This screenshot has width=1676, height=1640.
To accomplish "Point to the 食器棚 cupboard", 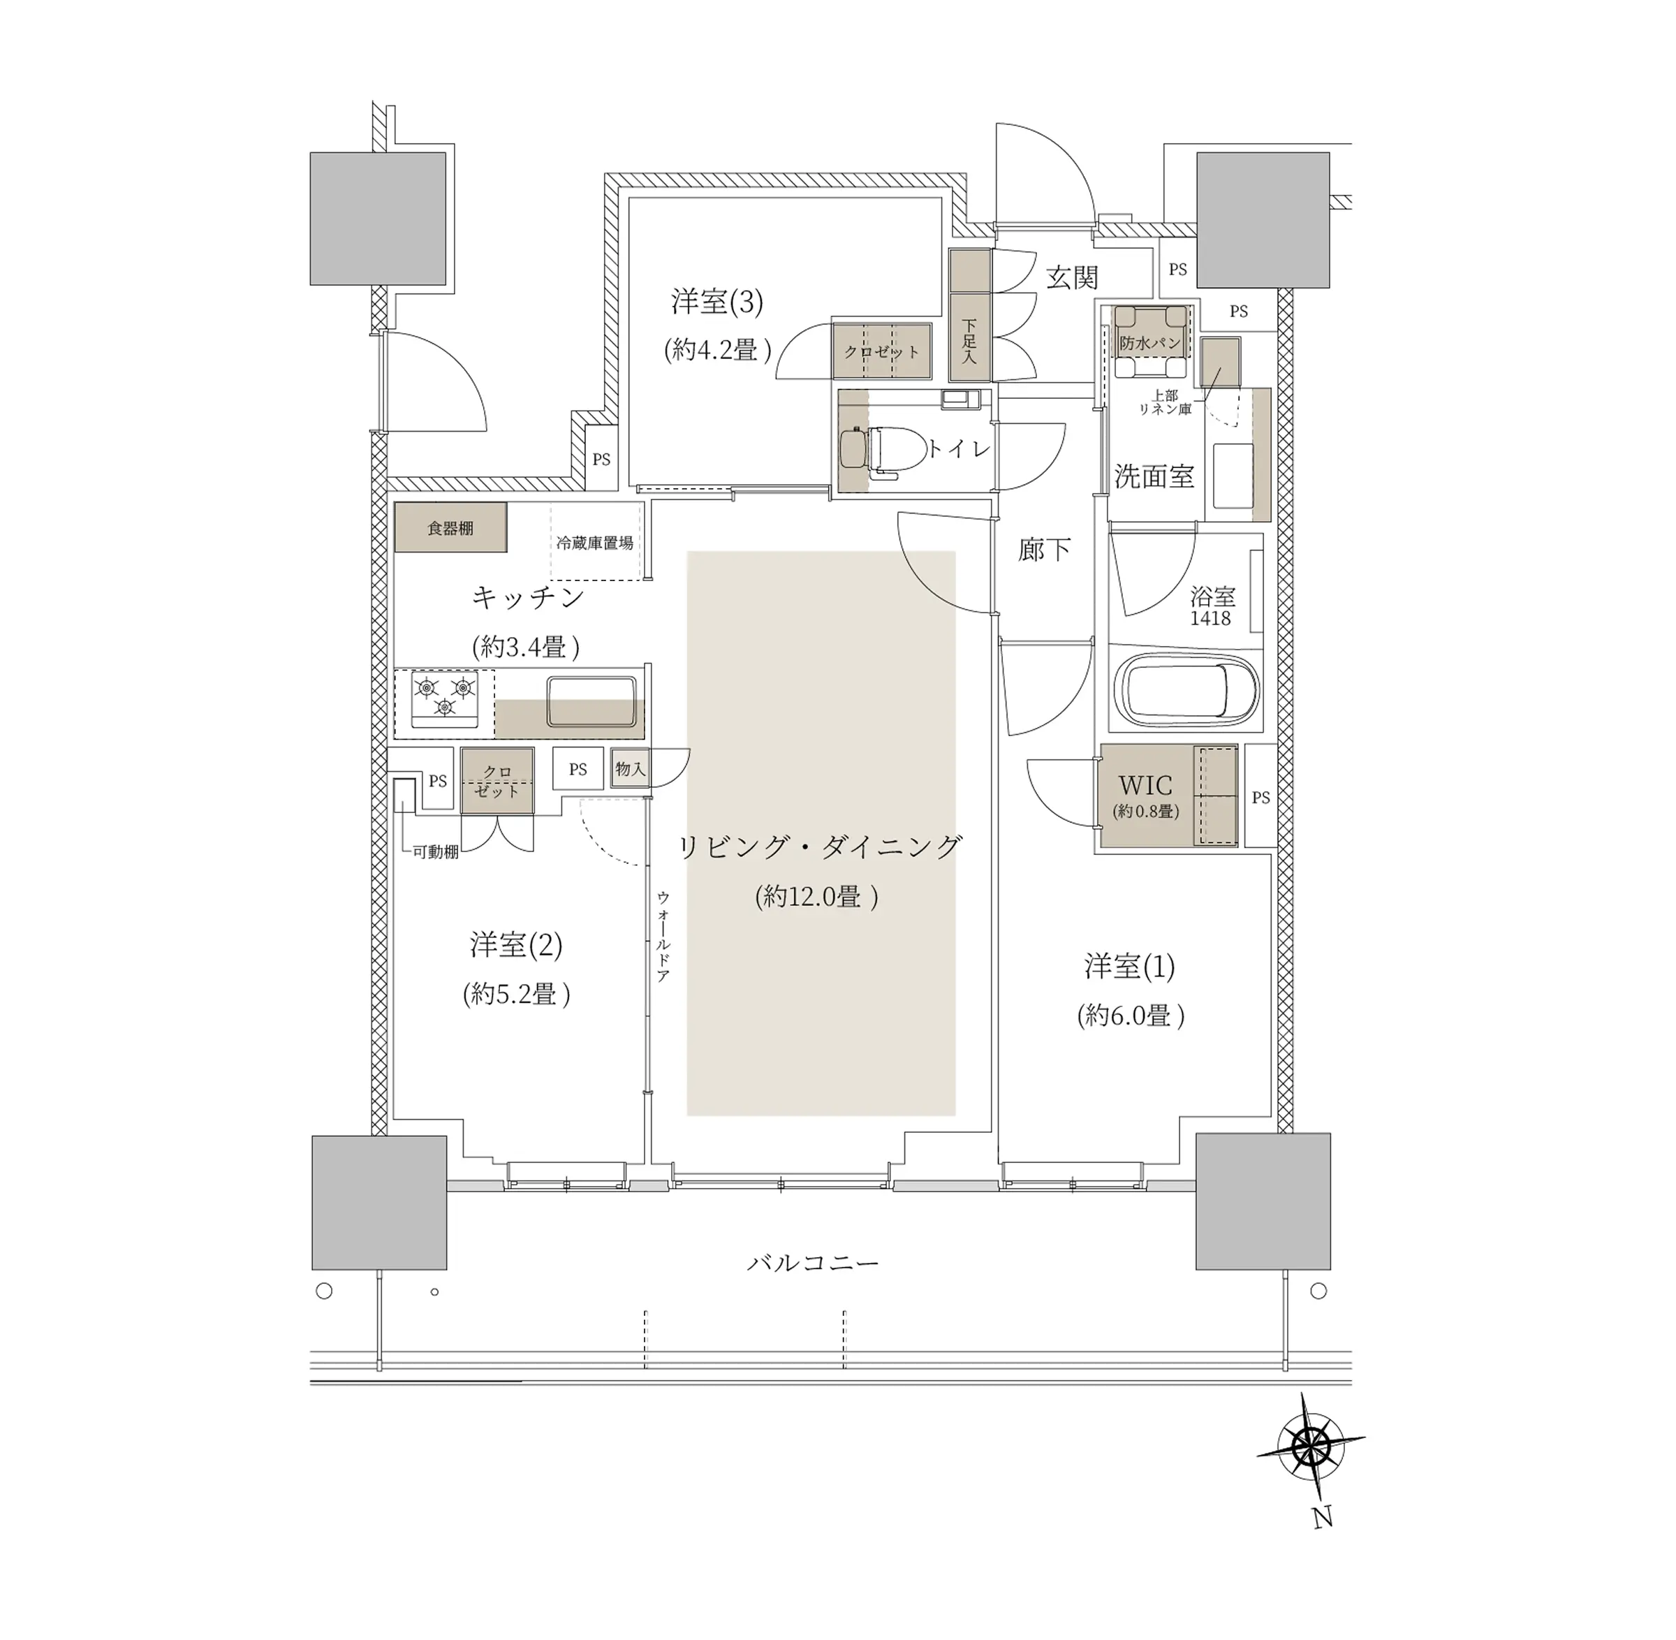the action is (x=450, y=527).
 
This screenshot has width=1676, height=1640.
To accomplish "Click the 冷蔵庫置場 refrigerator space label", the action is (x=594, y=543).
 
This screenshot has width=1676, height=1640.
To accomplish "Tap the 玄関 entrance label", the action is (x=1072, y=277).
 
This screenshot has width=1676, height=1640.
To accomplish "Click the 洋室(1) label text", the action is (x=1129, y=967).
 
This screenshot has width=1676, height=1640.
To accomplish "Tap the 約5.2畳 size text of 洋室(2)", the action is (x=517, y=995).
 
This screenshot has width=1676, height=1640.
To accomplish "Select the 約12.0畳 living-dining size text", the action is (x=816, y=898).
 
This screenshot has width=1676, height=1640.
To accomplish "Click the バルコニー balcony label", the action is (x=812, y=1264).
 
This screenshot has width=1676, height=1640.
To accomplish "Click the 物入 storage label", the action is (x=631, y=768).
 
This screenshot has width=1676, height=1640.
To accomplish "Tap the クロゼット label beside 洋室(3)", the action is (x=881, y=351).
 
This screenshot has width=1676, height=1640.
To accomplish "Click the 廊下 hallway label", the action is (x=1044, y=550).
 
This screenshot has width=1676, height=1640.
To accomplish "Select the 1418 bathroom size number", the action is (x=1210, y=618).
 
